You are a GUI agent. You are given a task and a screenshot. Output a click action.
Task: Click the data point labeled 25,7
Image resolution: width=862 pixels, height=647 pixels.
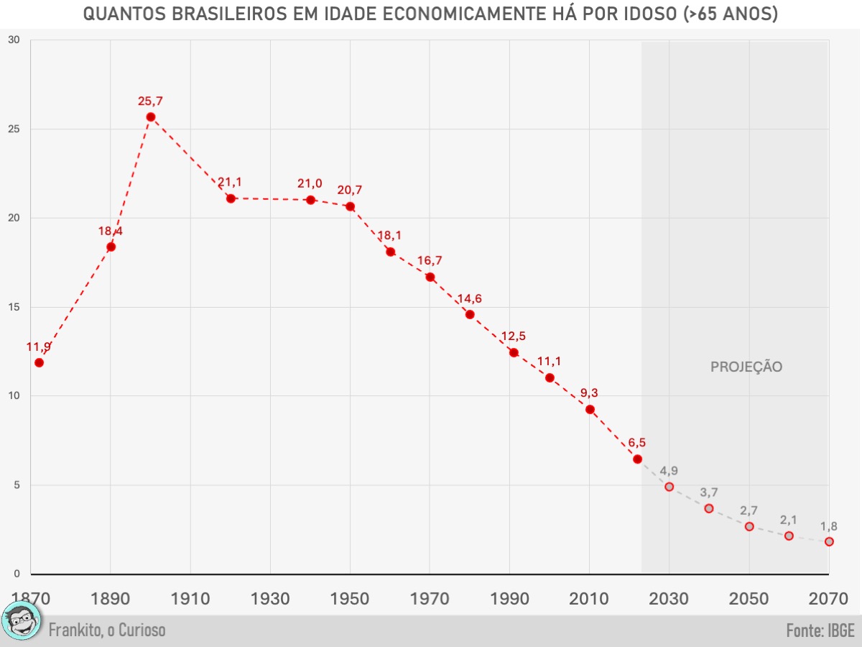point(151,116)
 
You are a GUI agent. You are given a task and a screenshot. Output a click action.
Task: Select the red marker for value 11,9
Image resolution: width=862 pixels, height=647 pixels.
point(39,362)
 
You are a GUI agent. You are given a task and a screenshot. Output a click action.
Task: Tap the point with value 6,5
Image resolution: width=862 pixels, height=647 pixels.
point(637,459)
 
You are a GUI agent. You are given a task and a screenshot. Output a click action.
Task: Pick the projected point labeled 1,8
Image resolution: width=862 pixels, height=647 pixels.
point(829,541)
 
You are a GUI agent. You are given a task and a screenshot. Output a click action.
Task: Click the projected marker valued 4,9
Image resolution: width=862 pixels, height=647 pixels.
point(669,487)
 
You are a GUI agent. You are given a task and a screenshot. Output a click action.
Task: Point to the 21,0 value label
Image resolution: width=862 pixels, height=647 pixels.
point(310,184)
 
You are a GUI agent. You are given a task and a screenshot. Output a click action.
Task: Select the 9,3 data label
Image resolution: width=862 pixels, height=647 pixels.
point(589,393)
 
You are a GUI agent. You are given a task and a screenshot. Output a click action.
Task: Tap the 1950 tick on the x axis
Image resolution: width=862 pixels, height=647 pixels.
point(350,598)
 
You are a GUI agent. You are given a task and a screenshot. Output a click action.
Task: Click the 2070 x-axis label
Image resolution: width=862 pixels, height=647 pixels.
point(828,598)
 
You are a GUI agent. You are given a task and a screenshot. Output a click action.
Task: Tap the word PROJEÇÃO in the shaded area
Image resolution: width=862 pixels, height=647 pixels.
point(746,367)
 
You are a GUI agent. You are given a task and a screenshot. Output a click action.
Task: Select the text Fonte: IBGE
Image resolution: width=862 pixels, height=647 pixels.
point(820,630)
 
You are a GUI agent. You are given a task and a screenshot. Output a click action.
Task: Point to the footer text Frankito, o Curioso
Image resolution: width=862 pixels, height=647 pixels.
point(107,630)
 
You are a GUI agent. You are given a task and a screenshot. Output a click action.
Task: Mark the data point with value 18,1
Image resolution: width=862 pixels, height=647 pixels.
point(390,252)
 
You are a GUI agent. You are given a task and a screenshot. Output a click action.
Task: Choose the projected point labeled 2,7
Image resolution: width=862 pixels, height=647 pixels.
point(749,526)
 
